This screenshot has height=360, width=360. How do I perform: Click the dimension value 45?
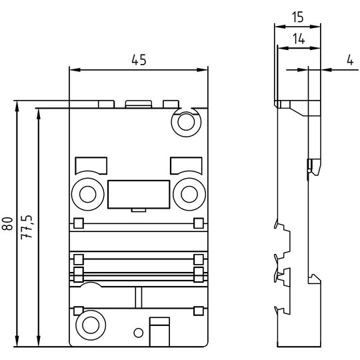point(139,60)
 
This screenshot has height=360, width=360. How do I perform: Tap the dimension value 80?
point(7,223)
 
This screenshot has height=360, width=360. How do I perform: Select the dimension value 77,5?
point(27,227)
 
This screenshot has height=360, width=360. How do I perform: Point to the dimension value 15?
point(298,17)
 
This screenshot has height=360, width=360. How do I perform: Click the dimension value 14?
point(299,39)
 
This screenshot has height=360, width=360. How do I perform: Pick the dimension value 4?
point(350,60)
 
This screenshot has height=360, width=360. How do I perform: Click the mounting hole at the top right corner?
point(186,122)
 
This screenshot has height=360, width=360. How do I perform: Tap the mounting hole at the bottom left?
point(91,325)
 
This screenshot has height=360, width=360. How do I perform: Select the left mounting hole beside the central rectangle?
point(88,194)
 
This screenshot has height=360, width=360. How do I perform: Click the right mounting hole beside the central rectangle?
point(189,194)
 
